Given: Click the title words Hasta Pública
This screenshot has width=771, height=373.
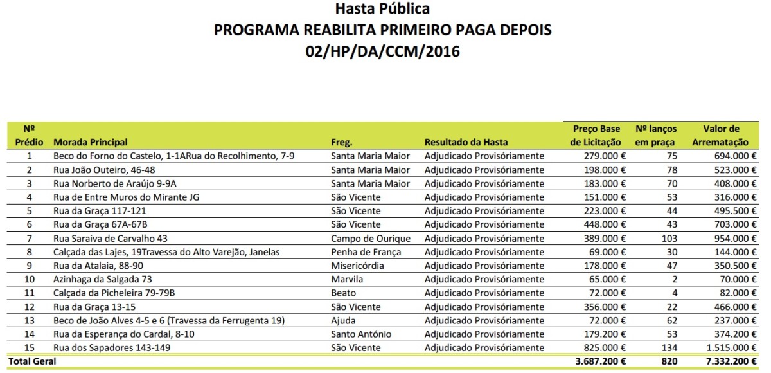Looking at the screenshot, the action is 382,9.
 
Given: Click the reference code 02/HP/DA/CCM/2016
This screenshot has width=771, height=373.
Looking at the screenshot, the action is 383,51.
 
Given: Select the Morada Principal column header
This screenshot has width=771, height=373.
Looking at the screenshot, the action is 91,142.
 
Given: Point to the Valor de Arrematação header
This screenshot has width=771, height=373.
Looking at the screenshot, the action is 721,136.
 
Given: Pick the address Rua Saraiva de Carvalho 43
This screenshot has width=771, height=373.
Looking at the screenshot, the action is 111,238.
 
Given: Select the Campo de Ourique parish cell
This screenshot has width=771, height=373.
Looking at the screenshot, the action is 370,238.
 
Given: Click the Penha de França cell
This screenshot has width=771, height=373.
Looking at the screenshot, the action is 366,252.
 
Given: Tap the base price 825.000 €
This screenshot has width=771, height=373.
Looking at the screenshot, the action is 603,348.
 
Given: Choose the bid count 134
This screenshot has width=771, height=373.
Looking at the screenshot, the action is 669,348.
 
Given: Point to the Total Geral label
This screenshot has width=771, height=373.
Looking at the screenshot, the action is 31,361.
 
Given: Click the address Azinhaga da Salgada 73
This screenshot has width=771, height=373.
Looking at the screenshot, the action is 103,279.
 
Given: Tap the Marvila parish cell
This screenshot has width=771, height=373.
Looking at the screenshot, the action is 347,279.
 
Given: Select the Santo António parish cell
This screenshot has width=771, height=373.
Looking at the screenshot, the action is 361,334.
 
